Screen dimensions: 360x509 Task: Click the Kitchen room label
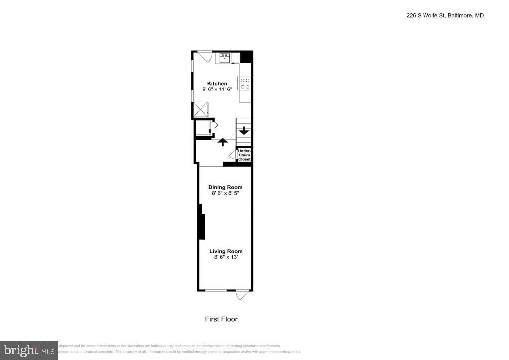pos(217,83)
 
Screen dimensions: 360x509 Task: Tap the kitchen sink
pos(224,58)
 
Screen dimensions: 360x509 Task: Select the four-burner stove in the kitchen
pos(245,84)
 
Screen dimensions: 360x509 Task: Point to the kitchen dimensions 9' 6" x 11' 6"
pos(217,89)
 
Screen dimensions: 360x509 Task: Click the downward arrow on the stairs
pos(244,131)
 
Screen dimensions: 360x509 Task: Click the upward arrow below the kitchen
pos(223,142)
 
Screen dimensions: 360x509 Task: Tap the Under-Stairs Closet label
pos(244,155)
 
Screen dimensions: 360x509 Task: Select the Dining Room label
pos(225,187)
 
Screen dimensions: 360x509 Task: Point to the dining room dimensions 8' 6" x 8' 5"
pos(225,193)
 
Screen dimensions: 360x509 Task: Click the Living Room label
pos(225,251)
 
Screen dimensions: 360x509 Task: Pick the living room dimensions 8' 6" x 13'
pos(225,257)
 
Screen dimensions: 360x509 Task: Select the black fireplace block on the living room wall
pos(202,226)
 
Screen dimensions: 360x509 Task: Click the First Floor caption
pos(221,319)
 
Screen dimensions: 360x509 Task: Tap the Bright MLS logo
pos(29,350)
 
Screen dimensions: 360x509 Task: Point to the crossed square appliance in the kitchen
pos(201,109)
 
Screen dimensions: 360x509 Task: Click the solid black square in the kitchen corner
pos(246,57)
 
